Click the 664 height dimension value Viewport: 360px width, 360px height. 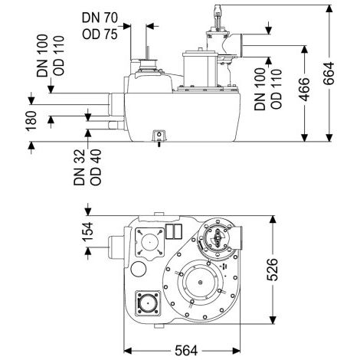329,73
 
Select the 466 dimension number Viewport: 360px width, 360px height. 304,90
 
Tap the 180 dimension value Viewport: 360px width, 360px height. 31,121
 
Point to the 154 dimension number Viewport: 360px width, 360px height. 87,231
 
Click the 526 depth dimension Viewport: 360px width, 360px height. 272,270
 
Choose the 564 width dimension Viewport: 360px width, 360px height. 186,351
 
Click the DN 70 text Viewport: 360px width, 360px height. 100,18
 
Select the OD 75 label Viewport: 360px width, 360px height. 100,34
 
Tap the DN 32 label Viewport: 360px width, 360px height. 79,167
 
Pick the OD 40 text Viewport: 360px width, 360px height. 96,167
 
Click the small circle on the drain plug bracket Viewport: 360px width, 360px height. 159,134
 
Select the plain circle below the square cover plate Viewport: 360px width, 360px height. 139,269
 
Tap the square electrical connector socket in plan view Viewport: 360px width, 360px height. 148,303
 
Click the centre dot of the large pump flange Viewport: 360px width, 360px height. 200,282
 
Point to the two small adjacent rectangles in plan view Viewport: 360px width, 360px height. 174,231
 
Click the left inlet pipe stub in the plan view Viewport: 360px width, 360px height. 116,247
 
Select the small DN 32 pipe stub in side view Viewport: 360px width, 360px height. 116,126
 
